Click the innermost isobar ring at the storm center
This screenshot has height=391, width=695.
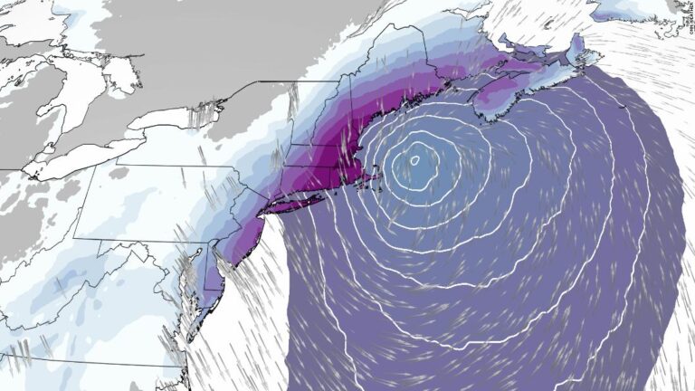pyautogui.click(x=414, y=160)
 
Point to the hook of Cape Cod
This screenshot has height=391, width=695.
pyautogui.click(x=371, y=181)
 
